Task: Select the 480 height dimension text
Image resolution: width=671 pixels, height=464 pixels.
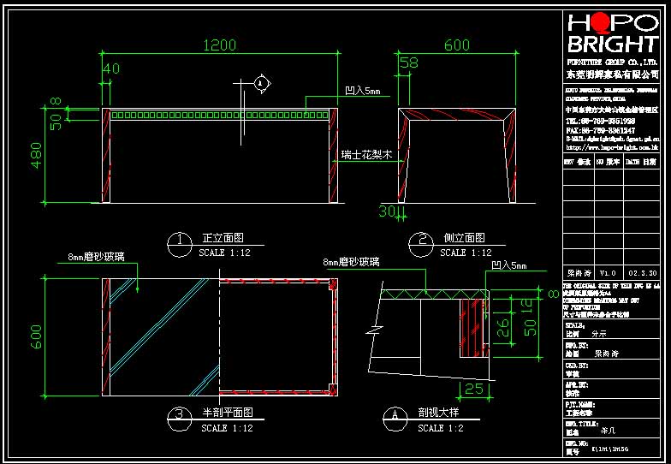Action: [x=37, y=155]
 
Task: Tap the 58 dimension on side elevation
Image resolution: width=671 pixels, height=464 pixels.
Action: [x=408, y=62]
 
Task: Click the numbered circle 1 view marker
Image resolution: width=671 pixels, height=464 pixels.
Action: [x=180, y=244]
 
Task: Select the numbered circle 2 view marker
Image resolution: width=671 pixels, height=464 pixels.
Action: [x=419, y=244]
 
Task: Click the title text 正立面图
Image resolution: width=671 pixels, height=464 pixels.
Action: [x=224, y=239]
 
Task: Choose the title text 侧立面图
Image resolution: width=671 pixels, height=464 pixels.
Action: [x=464, y=239]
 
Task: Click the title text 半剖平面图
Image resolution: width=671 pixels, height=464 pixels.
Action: [x=227, y=413]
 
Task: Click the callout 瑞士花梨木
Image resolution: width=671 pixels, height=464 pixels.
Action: [x=366, y=156]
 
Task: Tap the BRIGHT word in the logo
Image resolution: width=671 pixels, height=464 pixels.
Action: [x=613, y=44]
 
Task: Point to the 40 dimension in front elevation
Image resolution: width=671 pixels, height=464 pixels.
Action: [x=110, y=68]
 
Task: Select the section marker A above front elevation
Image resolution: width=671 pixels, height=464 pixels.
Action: [x=262, y=82]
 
